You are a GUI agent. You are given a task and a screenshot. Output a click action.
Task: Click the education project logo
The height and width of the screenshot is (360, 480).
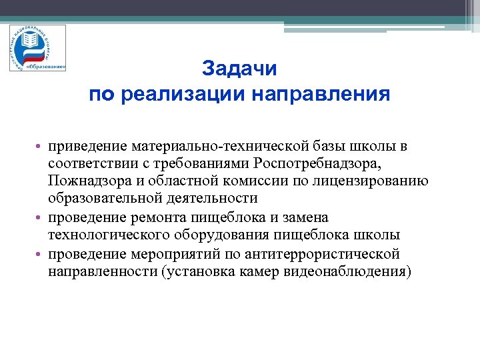click(37, 48)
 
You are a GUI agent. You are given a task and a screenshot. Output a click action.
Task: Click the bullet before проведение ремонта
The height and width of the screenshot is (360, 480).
click(41, 218)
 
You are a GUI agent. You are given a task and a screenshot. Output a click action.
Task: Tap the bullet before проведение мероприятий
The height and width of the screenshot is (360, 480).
click(41, 254)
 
